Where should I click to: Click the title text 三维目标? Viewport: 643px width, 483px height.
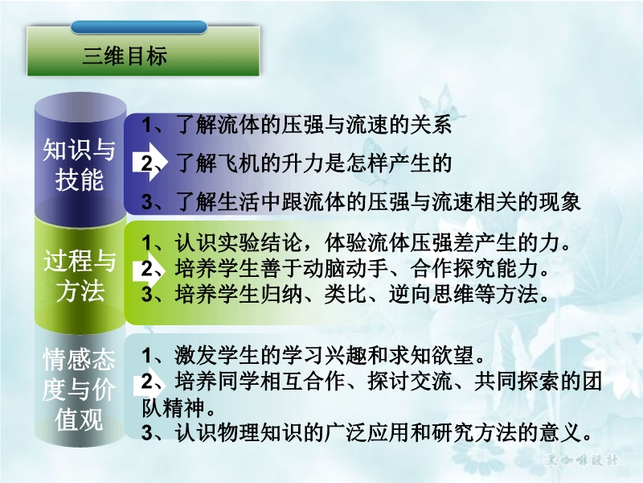[x=125, y=56]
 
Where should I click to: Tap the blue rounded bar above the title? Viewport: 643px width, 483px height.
[x=139, y=27]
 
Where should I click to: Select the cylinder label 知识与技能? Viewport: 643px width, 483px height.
[x=79, y=165]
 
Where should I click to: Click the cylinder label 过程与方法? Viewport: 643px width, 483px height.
[x=80, y=275]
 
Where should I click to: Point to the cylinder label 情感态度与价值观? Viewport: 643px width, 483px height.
[x=79, y=390]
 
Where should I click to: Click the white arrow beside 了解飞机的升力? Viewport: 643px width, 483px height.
[x=149, y=163]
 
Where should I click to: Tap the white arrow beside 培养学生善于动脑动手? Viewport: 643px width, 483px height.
[x=149, y=270]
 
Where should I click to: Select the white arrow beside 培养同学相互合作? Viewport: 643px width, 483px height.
[x=149, y=382]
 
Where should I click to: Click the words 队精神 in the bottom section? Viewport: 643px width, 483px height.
[x=174, y=408]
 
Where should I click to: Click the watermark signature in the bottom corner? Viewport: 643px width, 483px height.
[x=581, y=460]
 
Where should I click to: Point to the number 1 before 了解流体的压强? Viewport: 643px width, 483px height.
[x=146, y=125]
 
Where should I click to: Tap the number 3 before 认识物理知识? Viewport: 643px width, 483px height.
[x=147, y=433]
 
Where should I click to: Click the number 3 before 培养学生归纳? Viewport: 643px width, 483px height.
[x=147, y=295]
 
